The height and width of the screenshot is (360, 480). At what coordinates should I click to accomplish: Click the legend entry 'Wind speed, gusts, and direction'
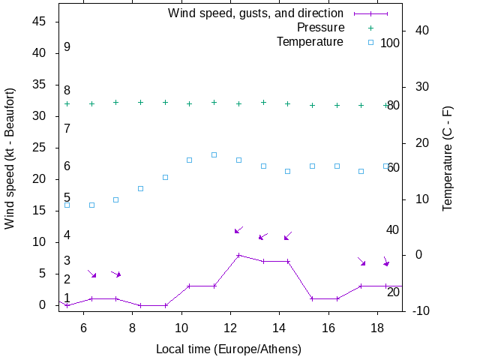pos(256,13)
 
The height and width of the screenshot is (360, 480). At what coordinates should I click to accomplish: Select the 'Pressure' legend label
pos(320,28)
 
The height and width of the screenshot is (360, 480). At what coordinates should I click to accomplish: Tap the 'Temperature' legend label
pos(310,42)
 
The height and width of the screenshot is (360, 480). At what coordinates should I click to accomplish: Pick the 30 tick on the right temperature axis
pos(417,86)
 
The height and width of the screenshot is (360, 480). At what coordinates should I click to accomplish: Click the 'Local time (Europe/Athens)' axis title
pos(229,349)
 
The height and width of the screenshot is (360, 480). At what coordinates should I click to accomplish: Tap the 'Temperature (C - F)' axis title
pos(448,157)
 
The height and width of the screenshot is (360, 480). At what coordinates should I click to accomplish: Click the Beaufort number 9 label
pos(67,47)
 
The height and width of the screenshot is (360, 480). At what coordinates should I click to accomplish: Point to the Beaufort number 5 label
pos(67,198)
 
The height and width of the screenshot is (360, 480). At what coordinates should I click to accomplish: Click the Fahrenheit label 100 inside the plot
pos(390,43)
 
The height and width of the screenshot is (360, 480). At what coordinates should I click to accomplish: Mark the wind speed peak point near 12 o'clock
pos(238,255)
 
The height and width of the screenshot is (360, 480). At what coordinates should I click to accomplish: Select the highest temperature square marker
pos(214,154)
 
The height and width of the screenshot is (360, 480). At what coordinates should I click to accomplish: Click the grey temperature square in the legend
pos(370,42)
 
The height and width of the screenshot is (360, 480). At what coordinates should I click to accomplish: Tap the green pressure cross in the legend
pos(370,28)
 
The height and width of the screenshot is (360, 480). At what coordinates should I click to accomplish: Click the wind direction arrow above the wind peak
pos(238,229)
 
